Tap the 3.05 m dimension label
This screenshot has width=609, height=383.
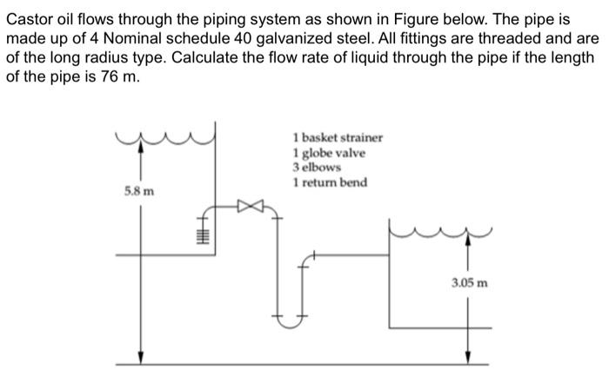[469, 282]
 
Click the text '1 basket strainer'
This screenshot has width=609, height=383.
[338, 138]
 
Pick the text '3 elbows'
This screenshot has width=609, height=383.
[317, 167]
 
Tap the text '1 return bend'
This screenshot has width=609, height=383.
[330, 182]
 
